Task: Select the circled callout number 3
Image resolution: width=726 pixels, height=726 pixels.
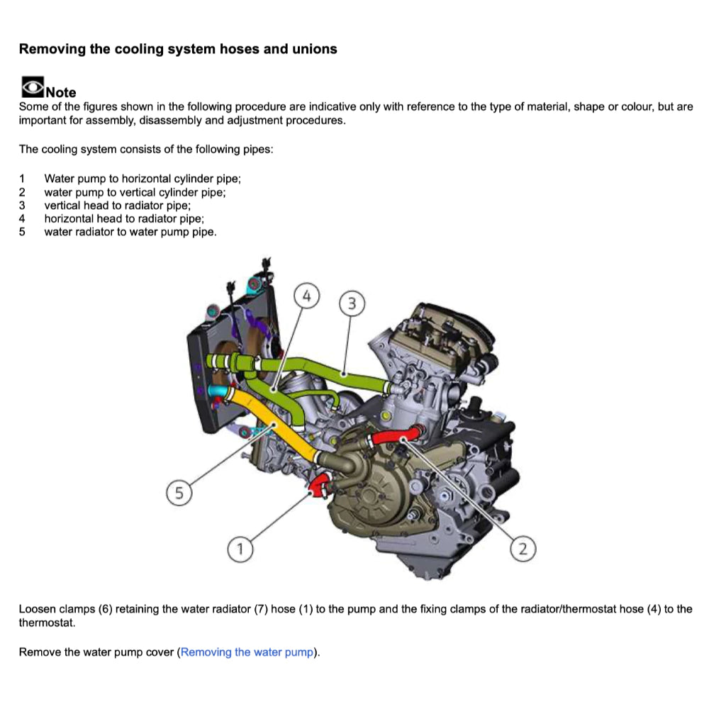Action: pyautogui.click(x=352, y=304)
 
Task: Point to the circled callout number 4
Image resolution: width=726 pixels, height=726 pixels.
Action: pyautogui.click(x=306, y=296)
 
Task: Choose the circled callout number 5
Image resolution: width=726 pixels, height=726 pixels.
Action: pyautogui.click(x=179, y=493)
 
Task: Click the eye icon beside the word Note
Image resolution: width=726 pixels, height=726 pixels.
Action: pyautogui.click(x=32, y=87)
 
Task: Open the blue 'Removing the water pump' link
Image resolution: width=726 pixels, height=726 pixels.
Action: pyautogui.click(x=247, y=652)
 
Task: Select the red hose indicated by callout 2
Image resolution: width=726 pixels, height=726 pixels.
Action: pyautogui.click(x=393, y=437)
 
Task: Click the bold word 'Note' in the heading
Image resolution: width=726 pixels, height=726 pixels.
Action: pyautogui.click(x=61, y=93)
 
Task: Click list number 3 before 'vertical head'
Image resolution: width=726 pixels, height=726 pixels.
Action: pyautogui.click(x=22, y=206)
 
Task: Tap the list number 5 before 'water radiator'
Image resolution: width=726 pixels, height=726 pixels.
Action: pyautogui.click(x=22, y=232)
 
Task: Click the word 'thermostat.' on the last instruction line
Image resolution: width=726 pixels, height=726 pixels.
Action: pyautogui.click(x=46, y=622)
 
